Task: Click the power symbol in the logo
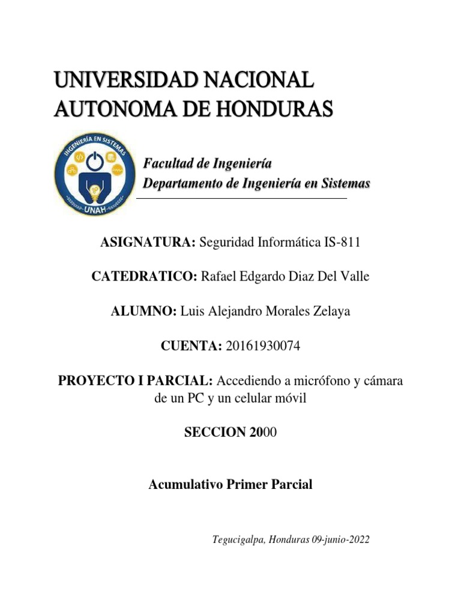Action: tap(94, 160)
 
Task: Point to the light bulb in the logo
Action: tap(94, 192)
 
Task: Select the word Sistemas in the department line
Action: tap(344, 183)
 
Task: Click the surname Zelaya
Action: tap(328, 311)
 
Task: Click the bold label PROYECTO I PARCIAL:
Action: tap(135, 381)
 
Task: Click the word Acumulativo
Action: tap(185, 485)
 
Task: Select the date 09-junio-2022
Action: tap(340, 540)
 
